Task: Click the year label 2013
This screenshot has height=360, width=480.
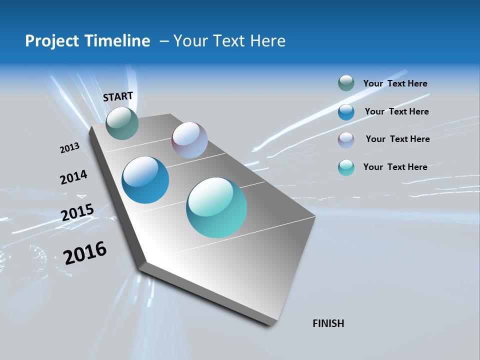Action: coord(69,148)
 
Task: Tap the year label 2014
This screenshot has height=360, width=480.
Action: coord(73,177)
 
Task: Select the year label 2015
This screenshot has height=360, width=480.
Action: coord(77,212)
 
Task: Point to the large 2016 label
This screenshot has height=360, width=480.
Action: coord(85,253)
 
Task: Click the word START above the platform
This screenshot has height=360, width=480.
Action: coord(118,96)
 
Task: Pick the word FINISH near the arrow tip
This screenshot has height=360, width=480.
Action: coord(328,323)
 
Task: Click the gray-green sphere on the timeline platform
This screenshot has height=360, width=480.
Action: coord(122,123)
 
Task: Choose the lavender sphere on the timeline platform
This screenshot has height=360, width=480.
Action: coord(189,140)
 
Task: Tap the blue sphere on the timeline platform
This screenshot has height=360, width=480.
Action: coord(145,180)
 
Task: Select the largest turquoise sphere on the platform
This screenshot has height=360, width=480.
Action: coord(216,207)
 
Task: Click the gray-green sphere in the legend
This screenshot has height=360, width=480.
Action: coord(346,83)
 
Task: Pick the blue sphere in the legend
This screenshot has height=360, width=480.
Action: coord(346,112)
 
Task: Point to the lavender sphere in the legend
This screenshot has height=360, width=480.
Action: coord(346,140)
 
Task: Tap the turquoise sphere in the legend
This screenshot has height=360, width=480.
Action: coord(346,167)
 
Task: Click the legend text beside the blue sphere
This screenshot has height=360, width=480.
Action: coord(396,111)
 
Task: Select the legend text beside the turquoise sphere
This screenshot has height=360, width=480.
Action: coord(395,167)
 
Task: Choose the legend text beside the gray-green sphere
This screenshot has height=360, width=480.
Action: coord(395,83)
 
